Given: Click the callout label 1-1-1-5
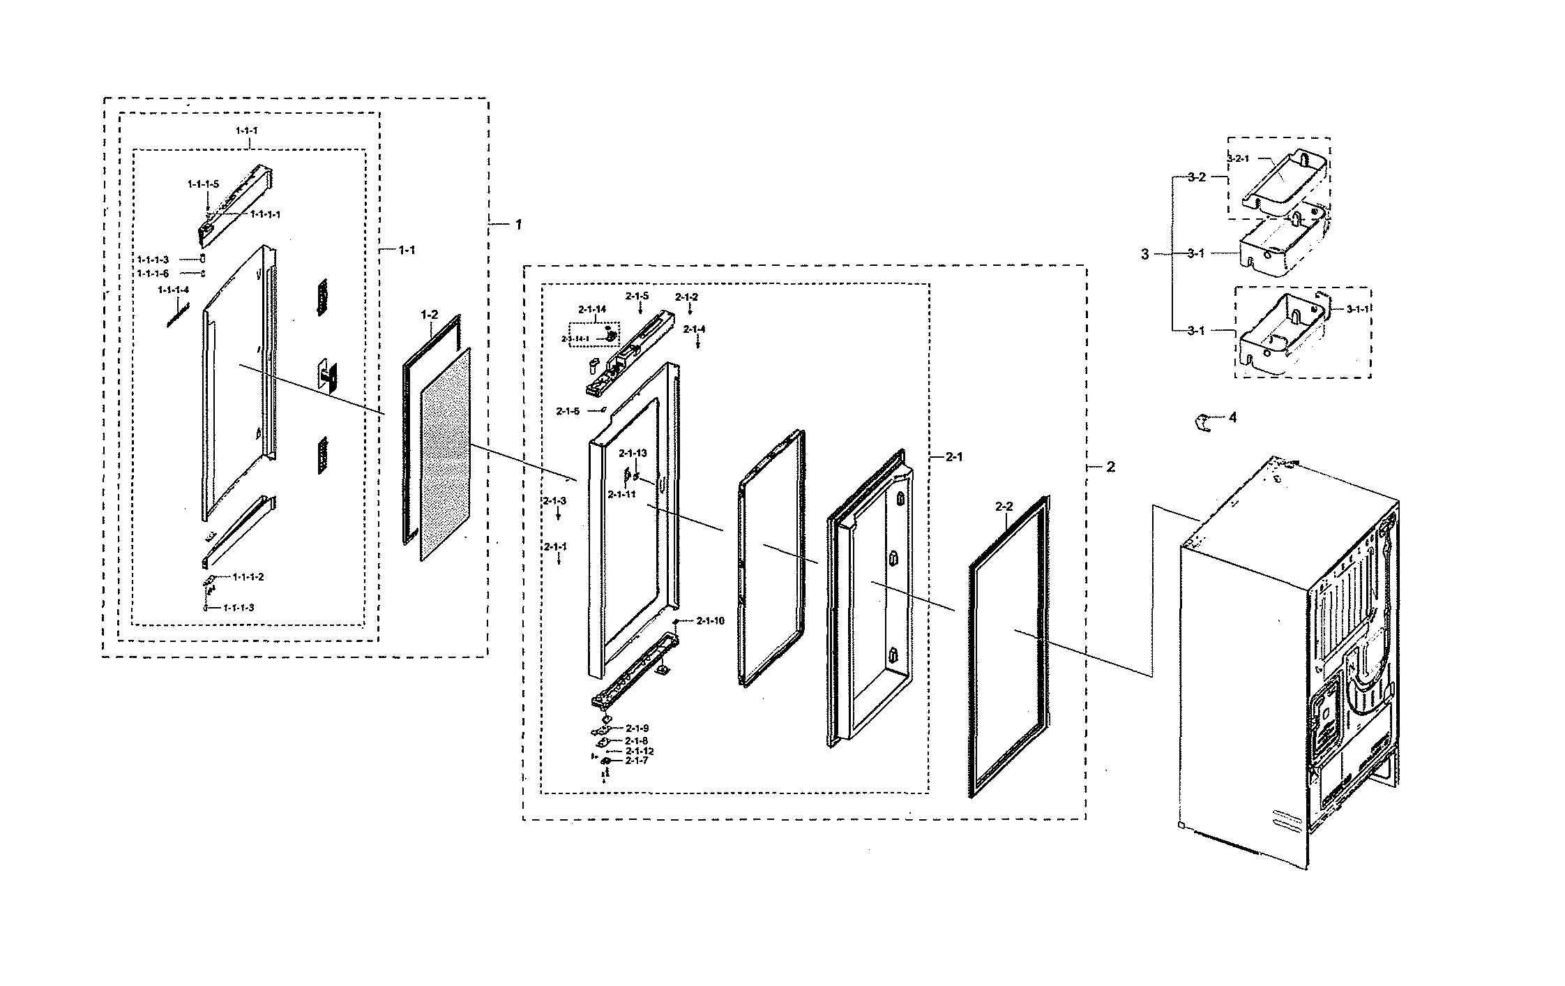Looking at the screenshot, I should pyautogui.click(x=203, y=184).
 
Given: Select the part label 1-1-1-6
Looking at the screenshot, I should pyautogui.click(x=153, y=274).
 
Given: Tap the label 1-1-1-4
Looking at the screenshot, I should pyautogui.click(x=173, y=290).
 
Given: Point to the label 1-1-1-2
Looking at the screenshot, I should pyautogui.click(x=248, y=577).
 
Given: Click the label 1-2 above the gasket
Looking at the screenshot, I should pyautogui.click(x=429, y=315).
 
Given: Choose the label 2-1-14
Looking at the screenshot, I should pyautogui.click(x=592, y=308).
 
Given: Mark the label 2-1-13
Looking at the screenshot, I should pyautogui.click(x=633, y=453).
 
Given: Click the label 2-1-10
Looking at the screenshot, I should pyautogui.click(x=710, y=620).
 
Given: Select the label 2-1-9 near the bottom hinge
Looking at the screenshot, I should pyautogui.click(x=637, y=728).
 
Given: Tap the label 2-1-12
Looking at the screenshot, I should pyautogui.click(x=640, y=751).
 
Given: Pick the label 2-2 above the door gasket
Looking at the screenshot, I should pyautogui.click(x=1004, y=507).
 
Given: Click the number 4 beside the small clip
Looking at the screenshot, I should pyautogui.click(x=1232, y=417).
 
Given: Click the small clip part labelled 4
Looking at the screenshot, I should pyautogui.click(x=1202, y=421).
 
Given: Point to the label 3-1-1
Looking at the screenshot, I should pyautogui.click(x=1357, y=308).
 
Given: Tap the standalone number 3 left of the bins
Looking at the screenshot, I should pyautogui.click(x=1144, y=255).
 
